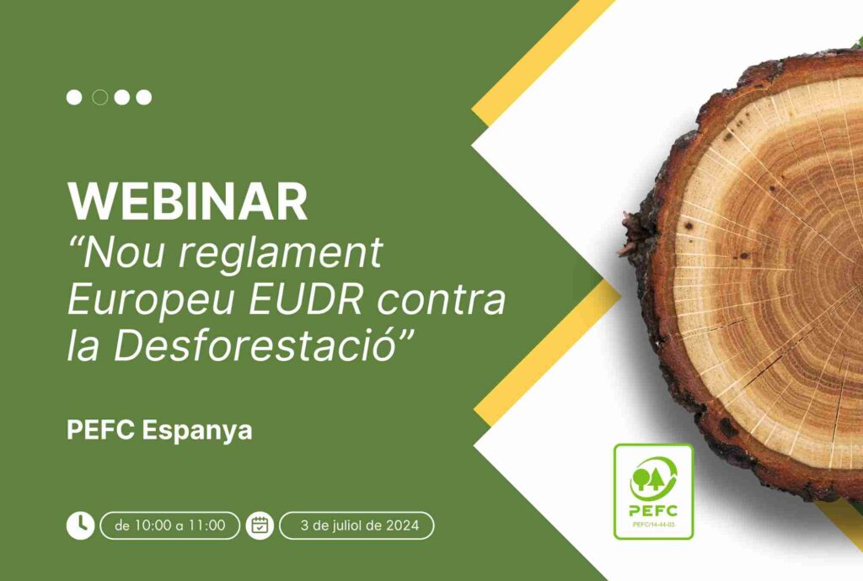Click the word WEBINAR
point(188,201)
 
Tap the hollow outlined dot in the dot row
point(99,98)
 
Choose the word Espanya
point(197,431)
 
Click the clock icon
point(80,525)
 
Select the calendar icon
point(260,525)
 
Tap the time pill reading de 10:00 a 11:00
point(170,525)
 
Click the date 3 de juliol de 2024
point(359,525)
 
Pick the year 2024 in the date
point(402,525)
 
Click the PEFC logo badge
point(653,492)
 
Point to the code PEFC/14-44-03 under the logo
point(654,525)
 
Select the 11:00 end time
point(207,525)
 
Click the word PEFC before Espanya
point(101,429)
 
